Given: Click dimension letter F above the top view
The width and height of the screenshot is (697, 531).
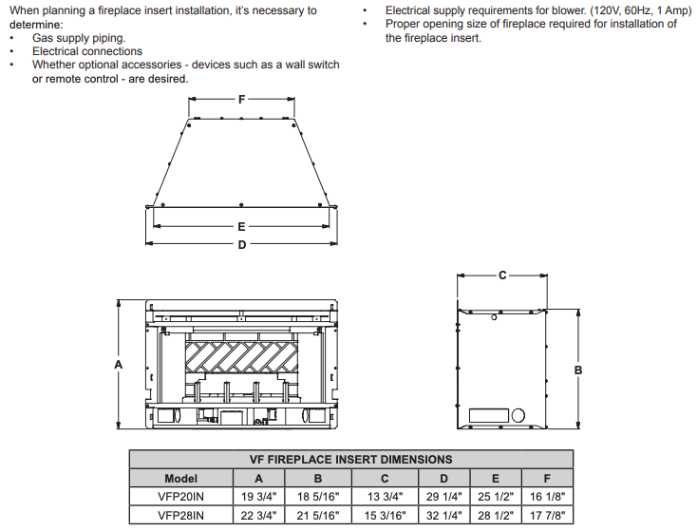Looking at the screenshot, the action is (241, 99).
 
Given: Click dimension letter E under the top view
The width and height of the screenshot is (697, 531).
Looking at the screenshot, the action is (241, 227).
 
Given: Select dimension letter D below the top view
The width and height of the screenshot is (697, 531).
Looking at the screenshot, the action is (242, 244).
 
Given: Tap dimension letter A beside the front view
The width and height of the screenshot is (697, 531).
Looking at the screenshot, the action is (119, 365).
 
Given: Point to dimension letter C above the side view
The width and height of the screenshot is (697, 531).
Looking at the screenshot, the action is (502, 275).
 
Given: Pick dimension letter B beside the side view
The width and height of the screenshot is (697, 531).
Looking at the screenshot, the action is (578, 370).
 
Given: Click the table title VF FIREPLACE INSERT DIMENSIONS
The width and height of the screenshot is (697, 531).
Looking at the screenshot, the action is (350, 460).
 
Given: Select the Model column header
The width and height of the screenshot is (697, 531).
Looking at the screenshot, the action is (181, 479).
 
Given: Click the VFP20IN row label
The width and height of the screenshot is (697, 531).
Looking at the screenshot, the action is (181, 496).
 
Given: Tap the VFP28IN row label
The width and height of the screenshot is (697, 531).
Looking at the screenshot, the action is (181, 516).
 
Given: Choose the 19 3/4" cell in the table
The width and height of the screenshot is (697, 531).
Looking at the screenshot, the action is (258, 496).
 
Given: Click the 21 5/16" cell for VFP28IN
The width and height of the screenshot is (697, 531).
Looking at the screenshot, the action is (318, 516).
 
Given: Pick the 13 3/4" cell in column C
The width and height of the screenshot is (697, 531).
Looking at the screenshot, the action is (385, 496).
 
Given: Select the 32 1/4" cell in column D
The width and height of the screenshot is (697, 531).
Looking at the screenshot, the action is (444, 516).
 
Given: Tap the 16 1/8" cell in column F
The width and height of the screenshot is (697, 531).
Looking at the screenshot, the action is (547, 496).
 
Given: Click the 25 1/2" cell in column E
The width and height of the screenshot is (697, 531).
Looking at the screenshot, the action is (496, 496).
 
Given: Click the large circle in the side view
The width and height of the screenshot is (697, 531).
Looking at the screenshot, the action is (518, 416).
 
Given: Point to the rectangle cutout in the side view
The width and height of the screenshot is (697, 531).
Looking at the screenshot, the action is (489, 415).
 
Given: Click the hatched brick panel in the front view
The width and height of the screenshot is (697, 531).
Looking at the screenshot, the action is (241, 357).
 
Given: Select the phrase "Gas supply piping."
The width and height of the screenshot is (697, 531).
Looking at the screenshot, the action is (79, 38).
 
